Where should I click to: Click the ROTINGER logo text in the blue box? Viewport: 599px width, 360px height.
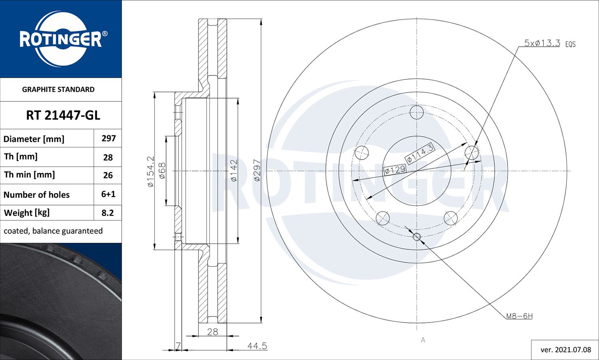61,40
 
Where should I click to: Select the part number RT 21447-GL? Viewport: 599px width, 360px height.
63,115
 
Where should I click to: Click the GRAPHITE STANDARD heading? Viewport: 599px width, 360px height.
58,89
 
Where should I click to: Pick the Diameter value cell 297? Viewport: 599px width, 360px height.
108,138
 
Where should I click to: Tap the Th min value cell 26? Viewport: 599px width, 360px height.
108,175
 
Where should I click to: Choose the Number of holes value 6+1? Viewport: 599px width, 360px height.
108,194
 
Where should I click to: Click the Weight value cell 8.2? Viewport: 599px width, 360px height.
108,213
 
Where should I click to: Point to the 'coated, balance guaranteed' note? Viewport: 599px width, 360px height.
53,231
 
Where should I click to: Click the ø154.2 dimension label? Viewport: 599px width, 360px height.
151,172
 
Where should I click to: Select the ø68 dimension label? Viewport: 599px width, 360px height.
162,171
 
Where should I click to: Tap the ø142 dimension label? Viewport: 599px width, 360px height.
234,171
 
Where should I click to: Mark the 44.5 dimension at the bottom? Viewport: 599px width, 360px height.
257,346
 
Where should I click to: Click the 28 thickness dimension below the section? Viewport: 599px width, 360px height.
212,332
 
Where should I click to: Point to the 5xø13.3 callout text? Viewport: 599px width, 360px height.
542,43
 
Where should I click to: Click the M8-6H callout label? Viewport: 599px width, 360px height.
519,316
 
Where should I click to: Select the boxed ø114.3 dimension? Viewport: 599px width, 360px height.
420,154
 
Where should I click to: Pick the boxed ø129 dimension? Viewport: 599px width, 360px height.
395,170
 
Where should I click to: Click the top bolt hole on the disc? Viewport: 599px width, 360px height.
417,113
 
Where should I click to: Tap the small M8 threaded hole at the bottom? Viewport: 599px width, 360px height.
417,237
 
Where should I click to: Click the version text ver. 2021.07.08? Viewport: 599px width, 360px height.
565,350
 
